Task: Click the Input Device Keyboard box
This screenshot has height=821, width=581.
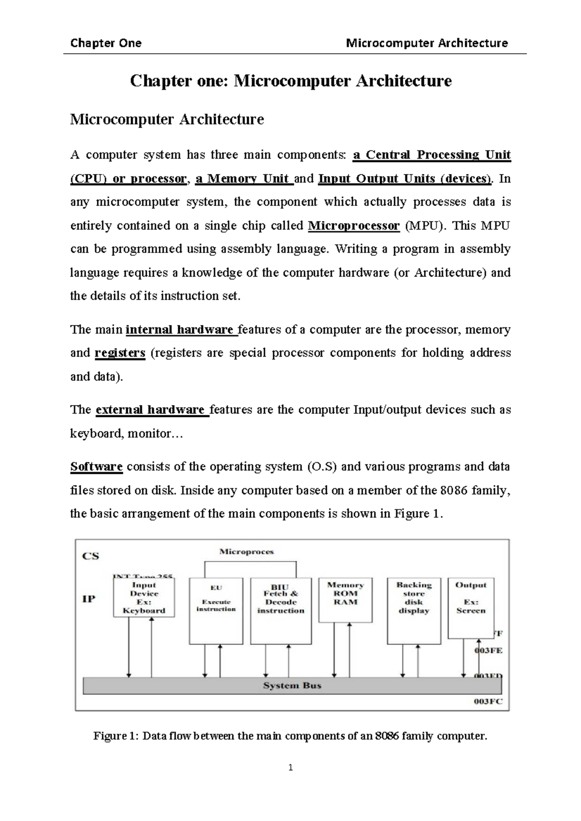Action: click(144, 598)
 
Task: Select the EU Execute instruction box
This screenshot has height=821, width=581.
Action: click(216, 610)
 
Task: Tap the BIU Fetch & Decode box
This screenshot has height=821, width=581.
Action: click(281, 610)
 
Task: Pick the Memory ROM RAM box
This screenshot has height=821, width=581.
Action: click(345, 599)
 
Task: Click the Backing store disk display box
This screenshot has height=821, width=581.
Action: click(414, 610)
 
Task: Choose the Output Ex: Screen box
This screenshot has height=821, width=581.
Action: click(471, 607)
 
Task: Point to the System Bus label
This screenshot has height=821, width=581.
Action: click(292, 685)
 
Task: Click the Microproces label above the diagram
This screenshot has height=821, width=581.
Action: click(246, 551)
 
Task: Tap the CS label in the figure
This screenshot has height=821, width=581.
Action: click(91, 556)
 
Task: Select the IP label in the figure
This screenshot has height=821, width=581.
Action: click(89, 599)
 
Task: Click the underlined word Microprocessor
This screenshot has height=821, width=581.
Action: click(354, 226)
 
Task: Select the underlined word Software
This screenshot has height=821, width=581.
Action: click(96, 467)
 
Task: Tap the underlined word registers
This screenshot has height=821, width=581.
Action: click(120, 353)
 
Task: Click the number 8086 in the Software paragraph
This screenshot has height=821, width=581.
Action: click(453, 490)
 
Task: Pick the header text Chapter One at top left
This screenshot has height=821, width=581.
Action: click(106, 43)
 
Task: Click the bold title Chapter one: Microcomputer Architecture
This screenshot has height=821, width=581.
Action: click(290, 81)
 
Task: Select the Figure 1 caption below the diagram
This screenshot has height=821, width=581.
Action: click(290, 736)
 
